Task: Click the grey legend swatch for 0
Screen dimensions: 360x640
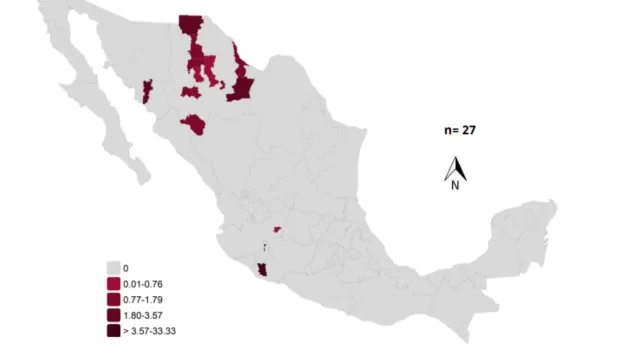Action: pos(113,268)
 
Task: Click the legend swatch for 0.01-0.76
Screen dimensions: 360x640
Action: pos(113,284)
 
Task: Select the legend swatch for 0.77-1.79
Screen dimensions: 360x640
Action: pos(113,299)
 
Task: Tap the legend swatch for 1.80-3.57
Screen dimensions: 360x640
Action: pos(113,315)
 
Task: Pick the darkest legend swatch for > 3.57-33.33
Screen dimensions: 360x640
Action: pos(113,330)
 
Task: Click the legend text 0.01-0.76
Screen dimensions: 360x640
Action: pos(141,284)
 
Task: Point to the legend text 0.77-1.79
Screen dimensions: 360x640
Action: pos(141,299)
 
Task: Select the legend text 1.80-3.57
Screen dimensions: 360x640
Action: pos(141,315)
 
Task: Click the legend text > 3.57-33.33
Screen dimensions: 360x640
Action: pos(149,330)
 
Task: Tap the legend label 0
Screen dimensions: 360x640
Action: pos(125,268)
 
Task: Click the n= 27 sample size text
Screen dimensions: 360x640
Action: pos(460,130)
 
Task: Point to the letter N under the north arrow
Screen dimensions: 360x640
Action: pos(454,184)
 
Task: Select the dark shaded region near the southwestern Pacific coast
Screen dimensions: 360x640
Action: pos(262,271)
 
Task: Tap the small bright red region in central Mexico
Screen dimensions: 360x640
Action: pos(278,228)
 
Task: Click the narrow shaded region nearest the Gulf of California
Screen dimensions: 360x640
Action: pos(147,92)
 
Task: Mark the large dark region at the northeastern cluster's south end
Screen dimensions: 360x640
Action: pos(240,88)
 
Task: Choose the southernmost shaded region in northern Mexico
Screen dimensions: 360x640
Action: pos(194,124)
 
